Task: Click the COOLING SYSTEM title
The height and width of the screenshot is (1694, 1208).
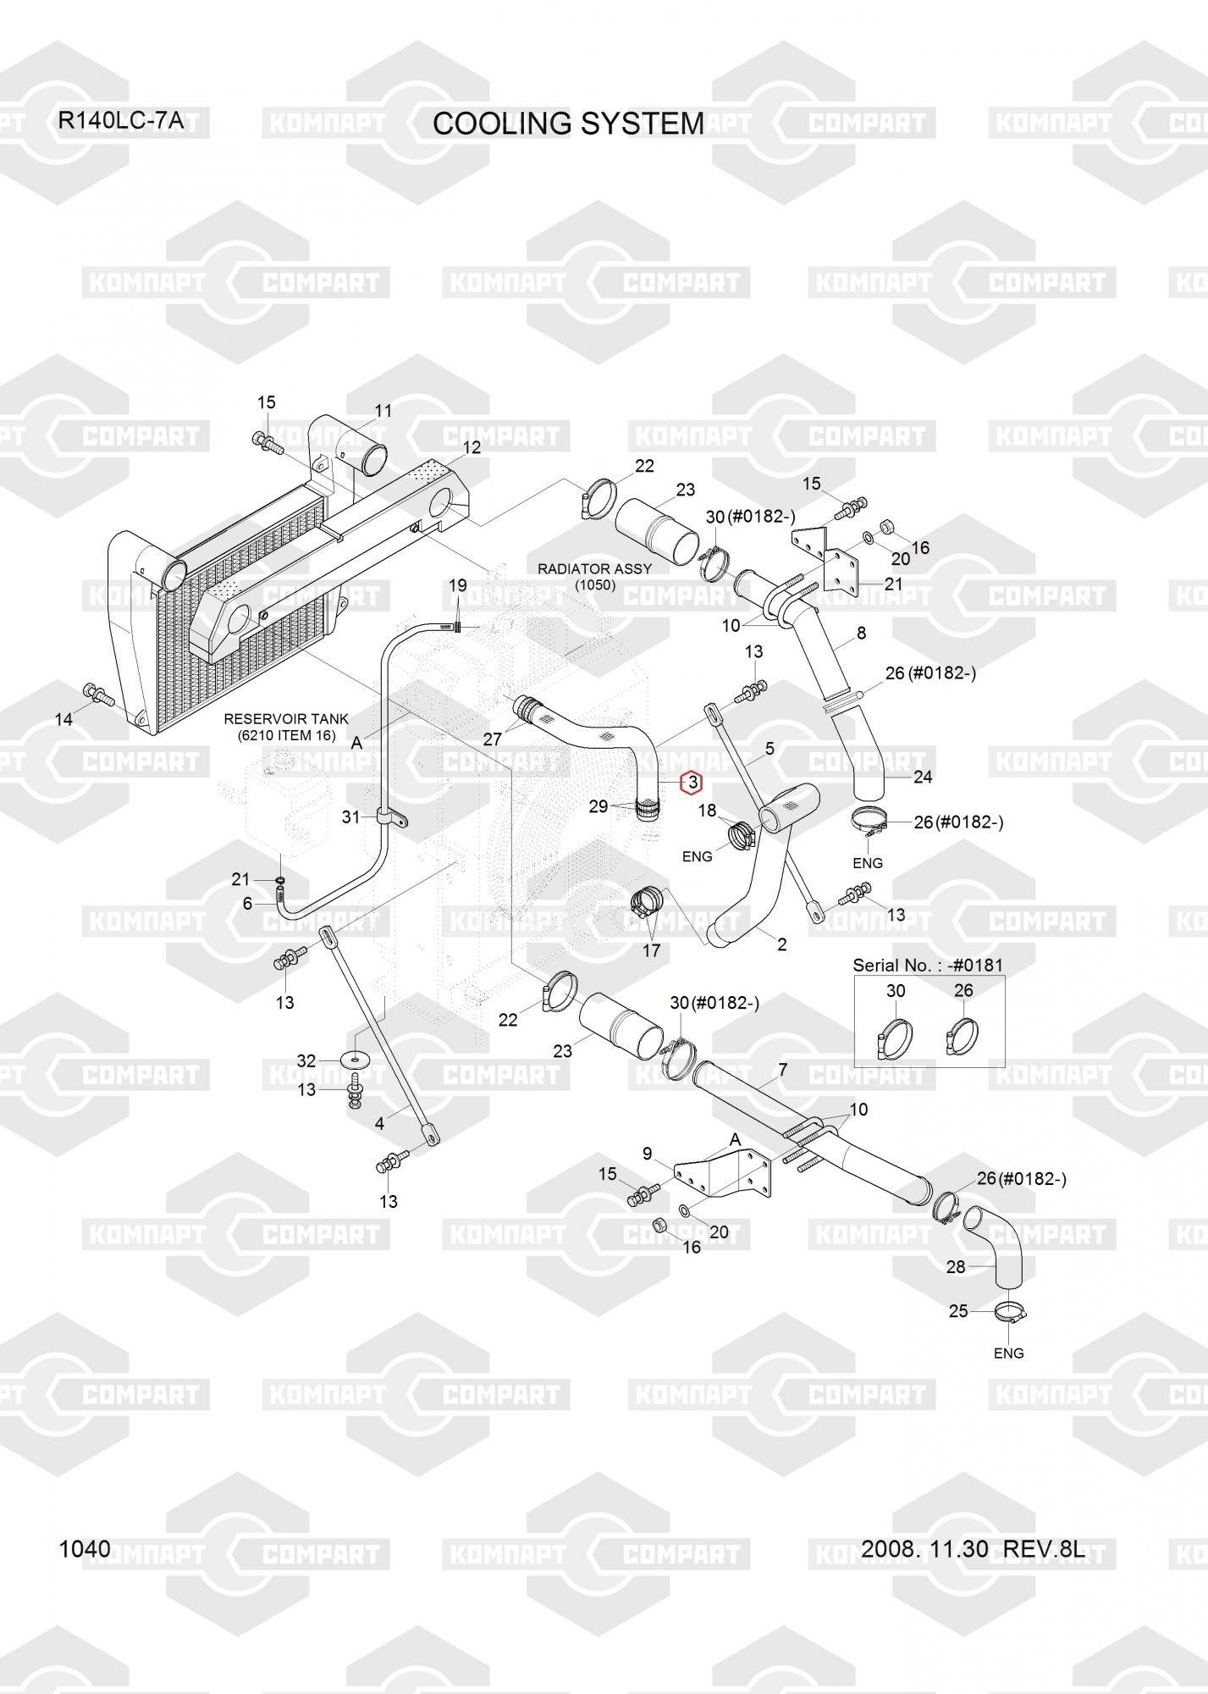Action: pyautogui.click(x=568, y=124)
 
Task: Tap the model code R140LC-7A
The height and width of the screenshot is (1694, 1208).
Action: pyautogui.click(x=120, y=120)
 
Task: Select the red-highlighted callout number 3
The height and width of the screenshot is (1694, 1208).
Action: pyautogui.click(x=692, y=783)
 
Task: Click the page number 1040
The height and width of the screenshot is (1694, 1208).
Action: pyautogui.click(x=85, y=1548)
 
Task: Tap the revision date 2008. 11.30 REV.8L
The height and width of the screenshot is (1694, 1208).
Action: pyautogui.click(x=973, y=1548)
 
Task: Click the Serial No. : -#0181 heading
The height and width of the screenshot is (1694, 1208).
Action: pyautogui.click(x=927, y=965)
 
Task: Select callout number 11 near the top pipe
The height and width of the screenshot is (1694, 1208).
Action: pyautogui.click(x=383, y=411)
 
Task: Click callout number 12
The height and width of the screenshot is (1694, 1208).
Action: pyautogui.click(x=472, y=447)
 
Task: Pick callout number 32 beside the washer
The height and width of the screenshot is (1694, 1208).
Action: pyautogui.click(x=306, y=1060)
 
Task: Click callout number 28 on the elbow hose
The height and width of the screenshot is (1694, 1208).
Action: pyautogui.click(x=955, y=1267)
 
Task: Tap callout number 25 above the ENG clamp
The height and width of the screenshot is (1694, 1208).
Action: pyautogui.click(x=958, y=1311)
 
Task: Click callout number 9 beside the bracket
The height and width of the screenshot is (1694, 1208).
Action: pyautogui.click(x=648, y=1153)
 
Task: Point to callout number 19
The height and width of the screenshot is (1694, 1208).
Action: pyautogui.click(x=457, y=585)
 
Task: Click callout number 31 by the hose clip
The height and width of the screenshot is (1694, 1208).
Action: pyautogui.click(x=351, y=817)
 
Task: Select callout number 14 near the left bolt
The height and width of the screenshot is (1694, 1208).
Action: pyautogui.click(x=63, y=720)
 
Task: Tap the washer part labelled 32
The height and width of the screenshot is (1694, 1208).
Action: pyautogui.click(x=354, y=1059)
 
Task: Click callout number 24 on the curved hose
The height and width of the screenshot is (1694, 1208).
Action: pyautogui.click(x=923, y=776)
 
